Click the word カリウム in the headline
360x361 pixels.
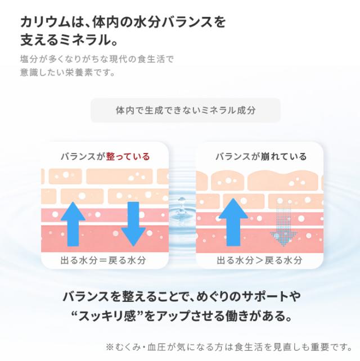(x=45, y=22)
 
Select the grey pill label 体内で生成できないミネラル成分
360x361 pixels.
(x=186, y=110)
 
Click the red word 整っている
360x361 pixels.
(x=128, y=156)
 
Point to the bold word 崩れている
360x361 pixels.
(x=283, y=156)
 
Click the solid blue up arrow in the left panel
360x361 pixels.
(x=73, y=224)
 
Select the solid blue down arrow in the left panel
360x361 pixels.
(x=133, y=224)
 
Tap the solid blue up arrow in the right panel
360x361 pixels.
(x=233, y=222)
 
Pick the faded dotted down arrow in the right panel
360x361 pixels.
(x=283, y=224)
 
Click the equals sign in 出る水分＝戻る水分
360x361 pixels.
(x=103, y=260)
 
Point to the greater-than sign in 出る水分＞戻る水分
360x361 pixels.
(x=259, y=260)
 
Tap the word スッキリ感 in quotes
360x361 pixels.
(x=107, y=316)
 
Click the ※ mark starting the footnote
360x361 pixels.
(x=110, y=347)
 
